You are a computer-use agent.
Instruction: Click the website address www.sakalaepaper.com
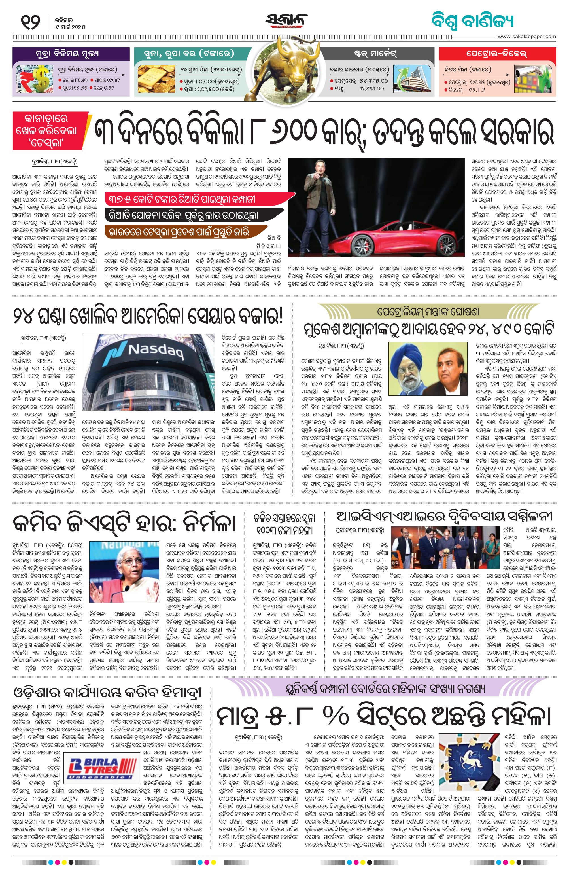tap(526, 36)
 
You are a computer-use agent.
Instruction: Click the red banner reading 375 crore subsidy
tap(198, 199)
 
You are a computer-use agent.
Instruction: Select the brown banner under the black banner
tap(185, 232)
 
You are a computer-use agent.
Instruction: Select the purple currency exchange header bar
tap(71, 54)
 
